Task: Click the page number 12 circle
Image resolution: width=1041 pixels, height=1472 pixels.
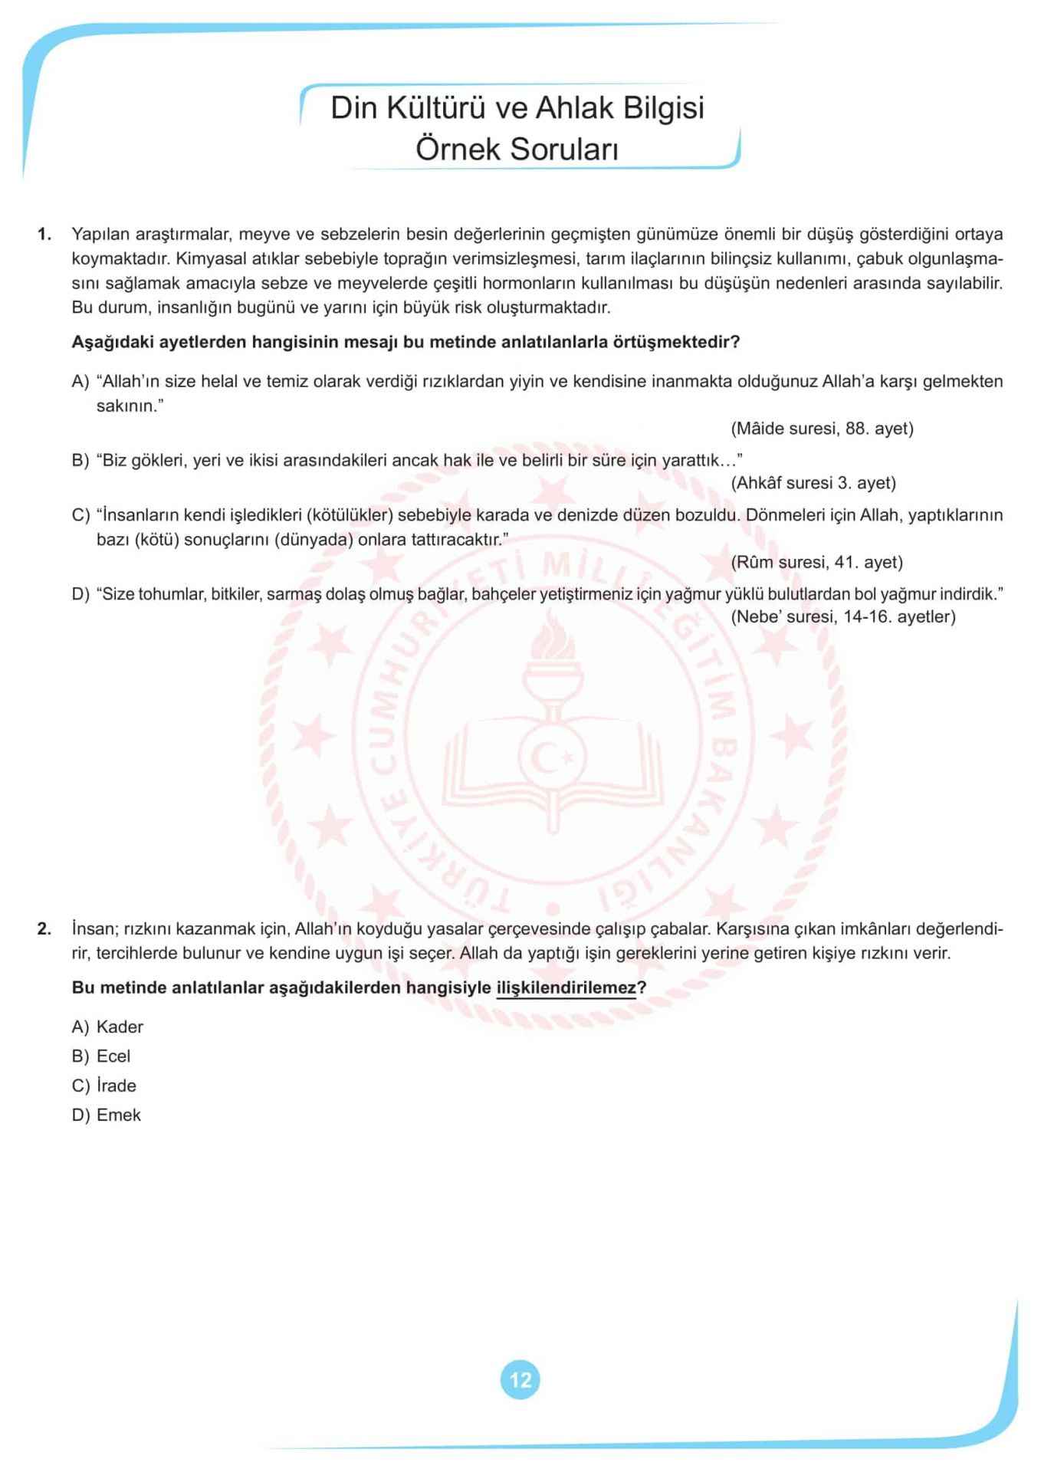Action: (520, 1380)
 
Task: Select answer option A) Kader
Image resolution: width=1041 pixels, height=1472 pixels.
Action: (107, 1027)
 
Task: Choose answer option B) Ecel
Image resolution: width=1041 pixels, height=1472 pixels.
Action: (101, 1056)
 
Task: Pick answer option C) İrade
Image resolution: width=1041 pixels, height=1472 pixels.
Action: (104, 1086)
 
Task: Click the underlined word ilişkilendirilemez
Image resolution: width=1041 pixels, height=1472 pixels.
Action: (566, 987)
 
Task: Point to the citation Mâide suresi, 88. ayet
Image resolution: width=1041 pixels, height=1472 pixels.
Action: (822, 429)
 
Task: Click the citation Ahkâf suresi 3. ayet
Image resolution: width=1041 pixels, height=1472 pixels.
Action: (813, 483)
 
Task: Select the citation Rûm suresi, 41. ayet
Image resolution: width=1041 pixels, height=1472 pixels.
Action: (816, 562)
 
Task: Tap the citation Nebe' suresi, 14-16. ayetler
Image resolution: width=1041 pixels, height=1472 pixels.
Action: (843, 616)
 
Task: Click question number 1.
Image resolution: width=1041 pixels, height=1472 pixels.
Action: (44, 234)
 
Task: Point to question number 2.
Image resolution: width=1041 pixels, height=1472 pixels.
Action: (44, 929)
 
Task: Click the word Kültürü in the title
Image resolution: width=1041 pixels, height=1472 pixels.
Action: (432, 108)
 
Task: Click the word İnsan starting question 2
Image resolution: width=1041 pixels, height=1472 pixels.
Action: (93, 929)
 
